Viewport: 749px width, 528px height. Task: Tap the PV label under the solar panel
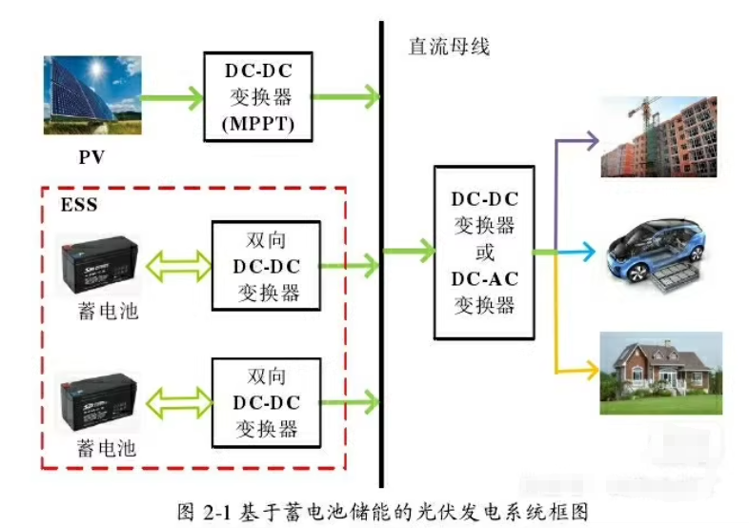91,156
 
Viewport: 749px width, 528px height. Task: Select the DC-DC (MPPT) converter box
257,95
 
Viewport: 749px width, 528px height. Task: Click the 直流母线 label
448,46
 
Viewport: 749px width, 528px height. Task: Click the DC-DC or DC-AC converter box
482,253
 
